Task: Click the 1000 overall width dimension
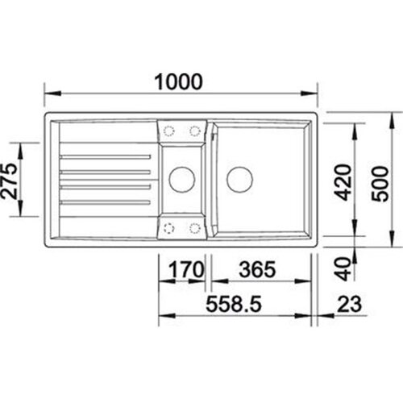(x=178, y=81)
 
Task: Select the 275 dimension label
(x=9, y=181)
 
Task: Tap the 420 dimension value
(x=344, y=182)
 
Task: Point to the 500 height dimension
(x=380, y=184)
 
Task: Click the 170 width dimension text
(x=186, y=269)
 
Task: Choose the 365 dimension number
(x=257, y=269)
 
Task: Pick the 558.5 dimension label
(x=234, y=304)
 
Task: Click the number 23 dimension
(x=349, y=304)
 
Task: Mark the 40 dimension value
(x=344, y=269)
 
